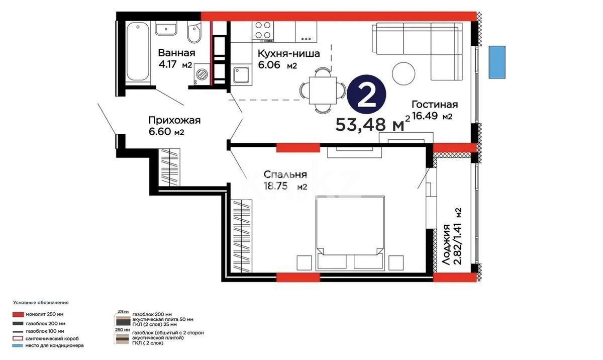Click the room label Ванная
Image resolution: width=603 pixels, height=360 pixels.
click(x=176, y=53)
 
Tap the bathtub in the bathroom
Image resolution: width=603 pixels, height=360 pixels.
click(x=138, y=51)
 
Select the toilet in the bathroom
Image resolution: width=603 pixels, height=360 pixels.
click(x=192, y=34)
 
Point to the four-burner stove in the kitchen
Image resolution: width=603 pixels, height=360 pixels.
click(x=263, y=30)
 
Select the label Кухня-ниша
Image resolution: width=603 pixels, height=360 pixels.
click(x=288, y=54)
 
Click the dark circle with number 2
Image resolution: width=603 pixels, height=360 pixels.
click(x=368, y=96)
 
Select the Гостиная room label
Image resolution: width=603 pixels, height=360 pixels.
click(x=434, y=105)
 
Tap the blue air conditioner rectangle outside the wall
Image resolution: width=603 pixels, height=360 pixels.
click(x=497, y=62)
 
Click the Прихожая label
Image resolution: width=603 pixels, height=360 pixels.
click(x=174, y=120)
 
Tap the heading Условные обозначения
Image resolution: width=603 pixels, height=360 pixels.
click(x=41, y=303)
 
